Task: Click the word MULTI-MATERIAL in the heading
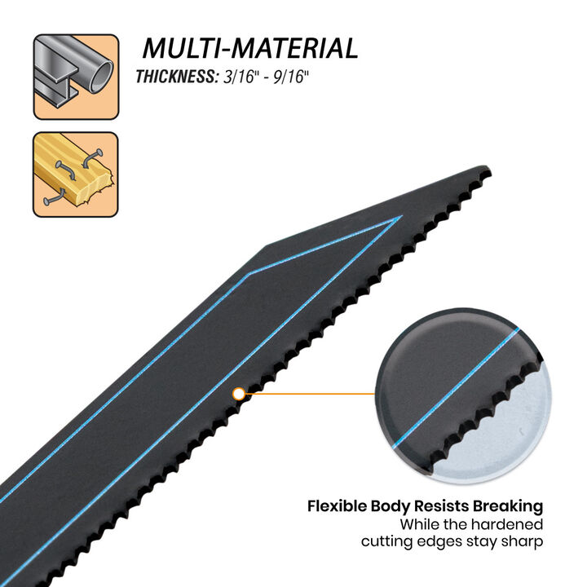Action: point(250,48)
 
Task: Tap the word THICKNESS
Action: point(177,77)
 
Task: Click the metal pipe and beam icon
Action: point(76,77)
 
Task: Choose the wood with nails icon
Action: point(76,174)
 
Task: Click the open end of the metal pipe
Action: point(101,77)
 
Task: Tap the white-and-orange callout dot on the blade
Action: point(239,394)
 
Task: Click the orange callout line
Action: point(310,394)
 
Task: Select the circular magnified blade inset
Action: point(463,395)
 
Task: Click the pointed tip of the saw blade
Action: point(488,168)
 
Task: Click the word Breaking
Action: point(508,506)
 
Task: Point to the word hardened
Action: point(507,524)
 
